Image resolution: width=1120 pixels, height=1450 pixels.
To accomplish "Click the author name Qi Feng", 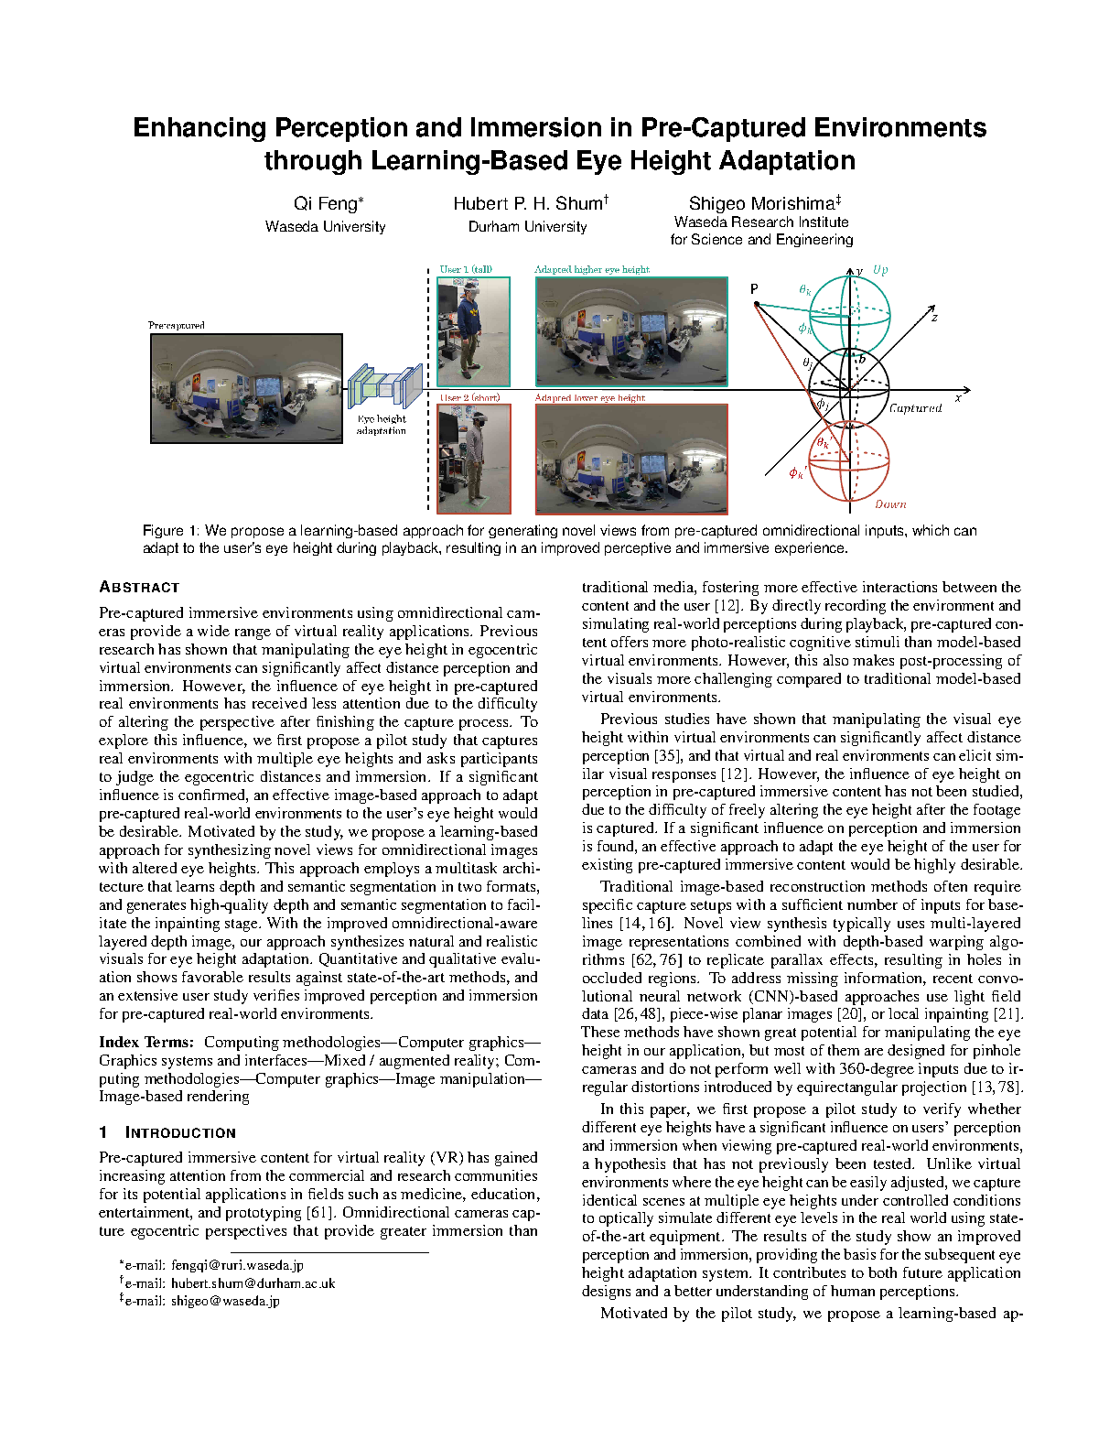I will (x=326, y=204).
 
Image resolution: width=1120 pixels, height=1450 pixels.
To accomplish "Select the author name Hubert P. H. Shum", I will (x=528, y=204).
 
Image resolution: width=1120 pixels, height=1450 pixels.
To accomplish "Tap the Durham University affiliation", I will (x=527, y=227).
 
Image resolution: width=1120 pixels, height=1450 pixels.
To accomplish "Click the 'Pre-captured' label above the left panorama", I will (x=177, y=325).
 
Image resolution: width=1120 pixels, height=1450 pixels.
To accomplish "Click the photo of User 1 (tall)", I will (x=473, y=331).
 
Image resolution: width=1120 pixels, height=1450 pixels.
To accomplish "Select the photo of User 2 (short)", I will (x=474, y=459).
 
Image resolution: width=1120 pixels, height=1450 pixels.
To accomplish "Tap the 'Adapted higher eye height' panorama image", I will (x=631, y=331).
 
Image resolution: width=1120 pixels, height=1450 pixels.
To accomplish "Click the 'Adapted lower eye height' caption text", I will (x=590, y=398).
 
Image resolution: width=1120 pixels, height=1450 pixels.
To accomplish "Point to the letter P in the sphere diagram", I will (x=755, y=289).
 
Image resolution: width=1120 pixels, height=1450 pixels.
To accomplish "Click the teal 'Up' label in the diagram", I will (x=880, y=270).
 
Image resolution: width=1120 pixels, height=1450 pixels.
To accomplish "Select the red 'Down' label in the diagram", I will (x=890, y=504).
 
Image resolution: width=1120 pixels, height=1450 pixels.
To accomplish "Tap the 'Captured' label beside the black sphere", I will (x=915, y=408).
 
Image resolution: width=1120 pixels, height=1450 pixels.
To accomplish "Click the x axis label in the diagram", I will (x=958, y=398).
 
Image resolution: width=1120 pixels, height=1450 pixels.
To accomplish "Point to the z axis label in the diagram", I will (x=934, y=318).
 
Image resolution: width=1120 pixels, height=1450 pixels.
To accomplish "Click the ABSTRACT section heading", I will (x=139, y=588).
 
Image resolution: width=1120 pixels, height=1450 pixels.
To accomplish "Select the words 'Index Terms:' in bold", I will (x=146, y=1042).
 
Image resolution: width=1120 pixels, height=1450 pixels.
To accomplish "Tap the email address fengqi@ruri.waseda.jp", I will (x=237, y=1265).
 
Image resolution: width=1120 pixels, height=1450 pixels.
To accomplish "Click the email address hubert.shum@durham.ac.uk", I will (x=253, y=1283).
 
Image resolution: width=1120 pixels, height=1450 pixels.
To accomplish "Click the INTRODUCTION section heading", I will (x=180, y=1132).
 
